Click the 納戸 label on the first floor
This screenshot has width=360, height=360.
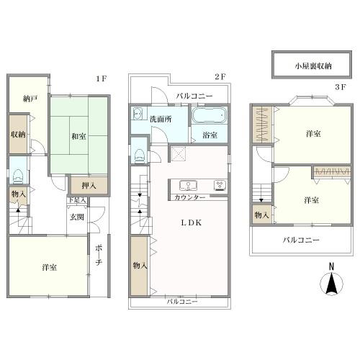pyautogui.click(x=30, y=99)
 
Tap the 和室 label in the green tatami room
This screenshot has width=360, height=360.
pyautogui.click(x=78, y=137)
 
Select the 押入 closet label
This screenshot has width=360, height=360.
pyautogui.click(x=89, y=186)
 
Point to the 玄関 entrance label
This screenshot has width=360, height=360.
pyautogui.click(x=77, y=217)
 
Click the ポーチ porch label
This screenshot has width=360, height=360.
pyautogui.click(x=99, y=255)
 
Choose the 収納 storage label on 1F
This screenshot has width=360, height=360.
pyautogui.click(x=18, y=135)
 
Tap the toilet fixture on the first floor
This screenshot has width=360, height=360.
pyautogui.click(x=18, y=176)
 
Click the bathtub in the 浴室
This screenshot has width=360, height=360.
pyautogui.click(x=209, y=115)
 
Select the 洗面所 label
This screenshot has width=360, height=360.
pyautogui.click(x=161, y=119)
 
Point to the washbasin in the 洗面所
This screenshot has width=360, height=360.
pyautogui.click(x=138, y=114)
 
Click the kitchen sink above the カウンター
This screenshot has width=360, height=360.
pyautogui.click(x=188, y=186)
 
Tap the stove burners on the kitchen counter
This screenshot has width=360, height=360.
pyautogui.click(x=220, y=185)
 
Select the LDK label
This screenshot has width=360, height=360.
pyautogui.click(x=191, y=222)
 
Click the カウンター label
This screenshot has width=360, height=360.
pyautogui.click(x=190, y=198)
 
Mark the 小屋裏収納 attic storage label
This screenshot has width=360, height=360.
pyautogui.click(x=313, y=66)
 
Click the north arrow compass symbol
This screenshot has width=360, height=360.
pyautogui.click(x=331, y=280)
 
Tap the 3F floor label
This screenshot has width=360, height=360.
pyautogui.click(x=341, y=87)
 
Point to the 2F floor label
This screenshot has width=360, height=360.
pyautogui.click(x=220, y=77)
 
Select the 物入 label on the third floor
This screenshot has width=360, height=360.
pyautogui.click(x=261, y=215)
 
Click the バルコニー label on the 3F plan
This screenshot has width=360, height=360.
pyautogui.click(x=301, y=240)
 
